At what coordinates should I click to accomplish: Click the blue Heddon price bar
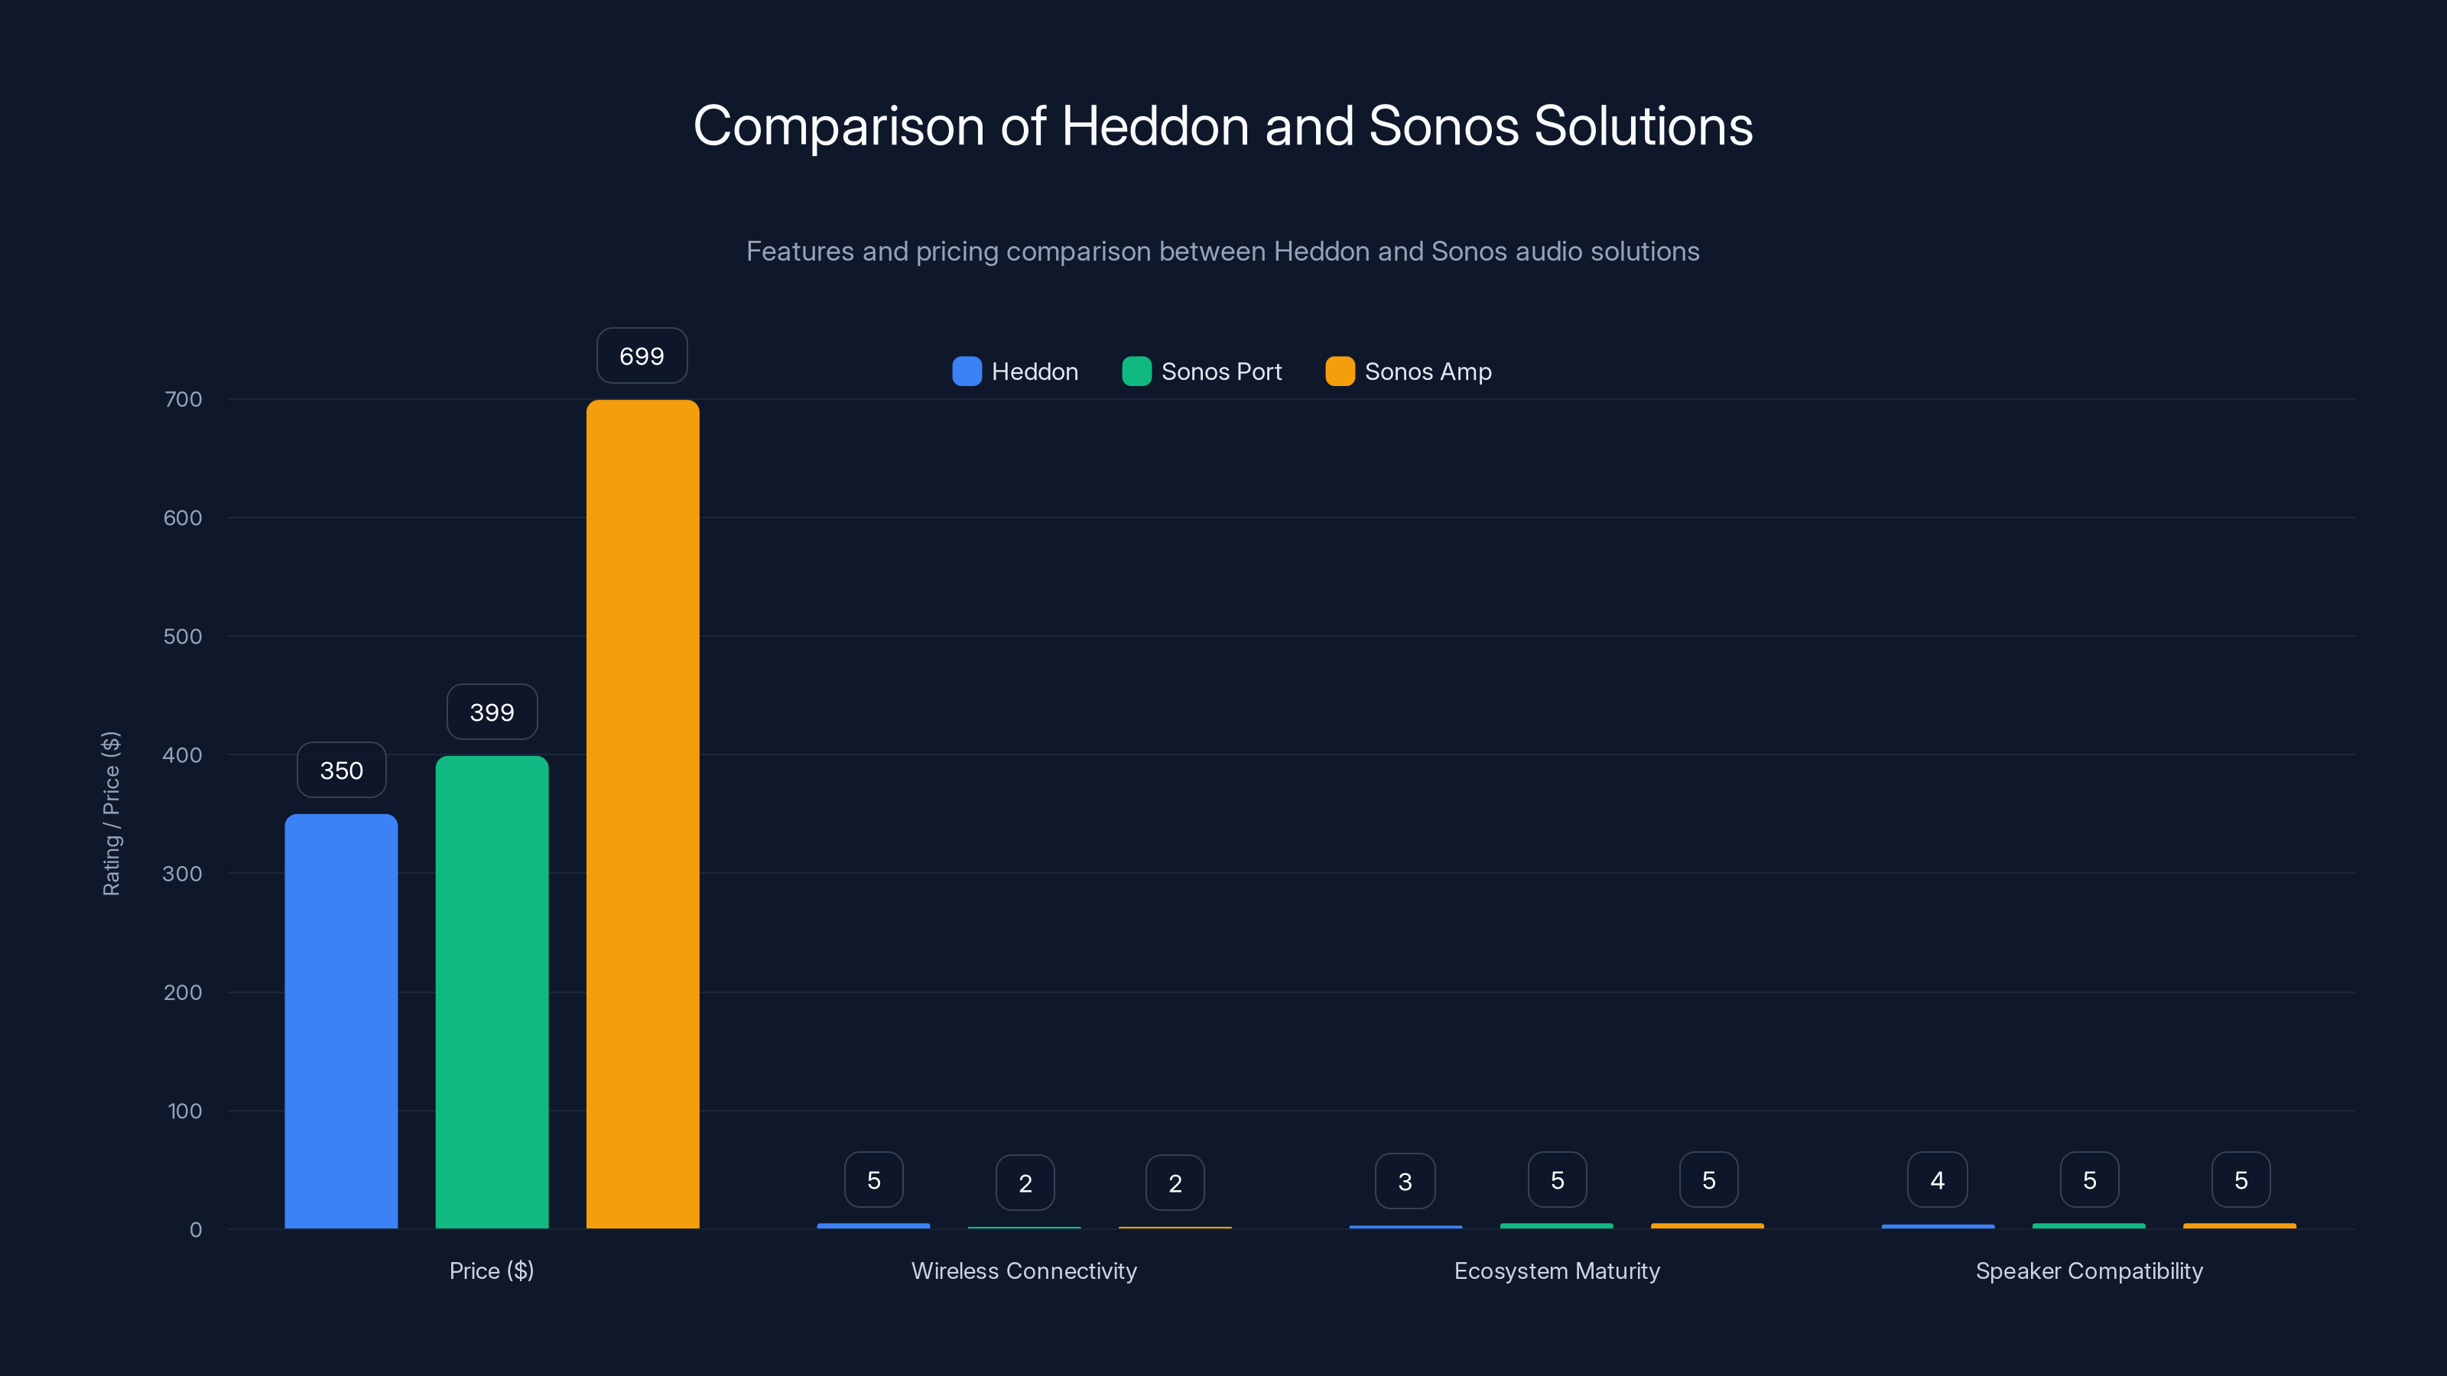click(x=341, y=1021)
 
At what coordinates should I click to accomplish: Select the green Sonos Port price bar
click(x=492, y=992)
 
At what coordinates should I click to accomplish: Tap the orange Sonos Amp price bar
click(x=642, y=814)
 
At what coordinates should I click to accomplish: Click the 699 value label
click(x=642, y=356)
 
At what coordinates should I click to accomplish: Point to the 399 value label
click(x=492, y=712)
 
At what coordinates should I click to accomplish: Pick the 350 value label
click(x=341, y=770)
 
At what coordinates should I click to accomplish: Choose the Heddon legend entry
click(x=1016, y=372)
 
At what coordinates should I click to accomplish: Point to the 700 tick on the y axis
click(x=184, y=399)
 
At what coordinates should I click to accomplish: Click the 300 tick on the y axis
click(x=183, y=874)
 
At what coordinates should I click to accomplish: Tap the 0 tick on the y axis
click(x=196, y=1230)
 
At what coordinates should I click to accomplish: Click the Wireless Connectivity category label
click(x=1024, y=1271)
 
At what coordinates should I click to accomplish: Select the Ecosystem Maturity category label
click(x=1557, y=1271)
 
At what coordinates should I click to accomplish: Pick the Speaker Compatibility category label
click(x=2089, y=1271)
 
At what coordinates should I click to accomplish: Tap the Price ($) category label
click(x=491, y=1271)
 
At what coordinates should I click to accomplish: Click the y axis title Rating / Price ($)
click(x=111, y=814)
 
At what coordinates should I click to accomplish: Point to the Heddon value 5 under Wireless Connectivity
click(x=874, y=1180)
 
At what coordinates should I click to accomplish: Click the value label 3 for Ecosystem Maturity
click(x=1405, y=1181)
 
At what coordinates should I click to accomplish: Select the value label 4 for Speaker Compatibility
click(x=1937, y=1180)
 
